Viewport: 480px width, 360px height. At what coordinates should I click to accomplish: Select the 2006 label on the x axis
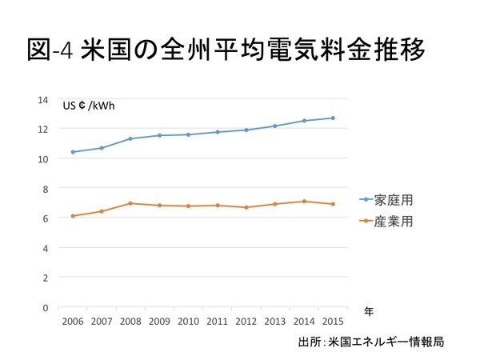pyautogui.click(x=73, y=322)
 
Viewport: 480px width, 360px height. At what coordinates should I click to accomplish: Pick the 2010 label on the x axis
pyautogui.click(x=188, y=322)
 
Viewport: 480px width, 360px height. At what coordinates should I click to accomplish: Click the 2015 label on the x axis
pyautogui.click(x=332, y=322)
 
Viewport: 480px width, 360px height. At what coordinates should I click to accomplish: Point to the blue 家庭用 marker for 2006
pyautogui.click(x=73, y=152)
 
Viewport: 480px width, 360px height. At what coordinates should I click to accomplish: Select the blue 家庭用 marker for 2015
pyautogui.click(x=332, y=118)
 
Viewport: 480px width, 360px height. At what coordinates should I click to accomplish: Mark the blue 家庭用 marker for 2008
pyautogui.click(x=130, y=139)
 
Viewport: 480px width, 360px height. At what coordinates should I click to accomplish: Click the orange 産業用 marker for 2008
pyautogui.click(x=130, y=203)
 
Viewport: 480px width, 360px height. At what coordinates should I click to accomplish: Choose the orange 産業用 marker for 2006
pyautogui.click(x=73, y=216)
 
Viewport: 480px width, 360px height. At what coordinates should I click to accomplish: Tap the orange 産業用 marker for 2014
pyautogui.click(x=303, y=202)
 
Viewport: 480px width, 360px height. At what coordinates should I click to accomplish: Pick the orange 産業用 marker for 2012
pyautogui.click(x=246, y=207)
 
